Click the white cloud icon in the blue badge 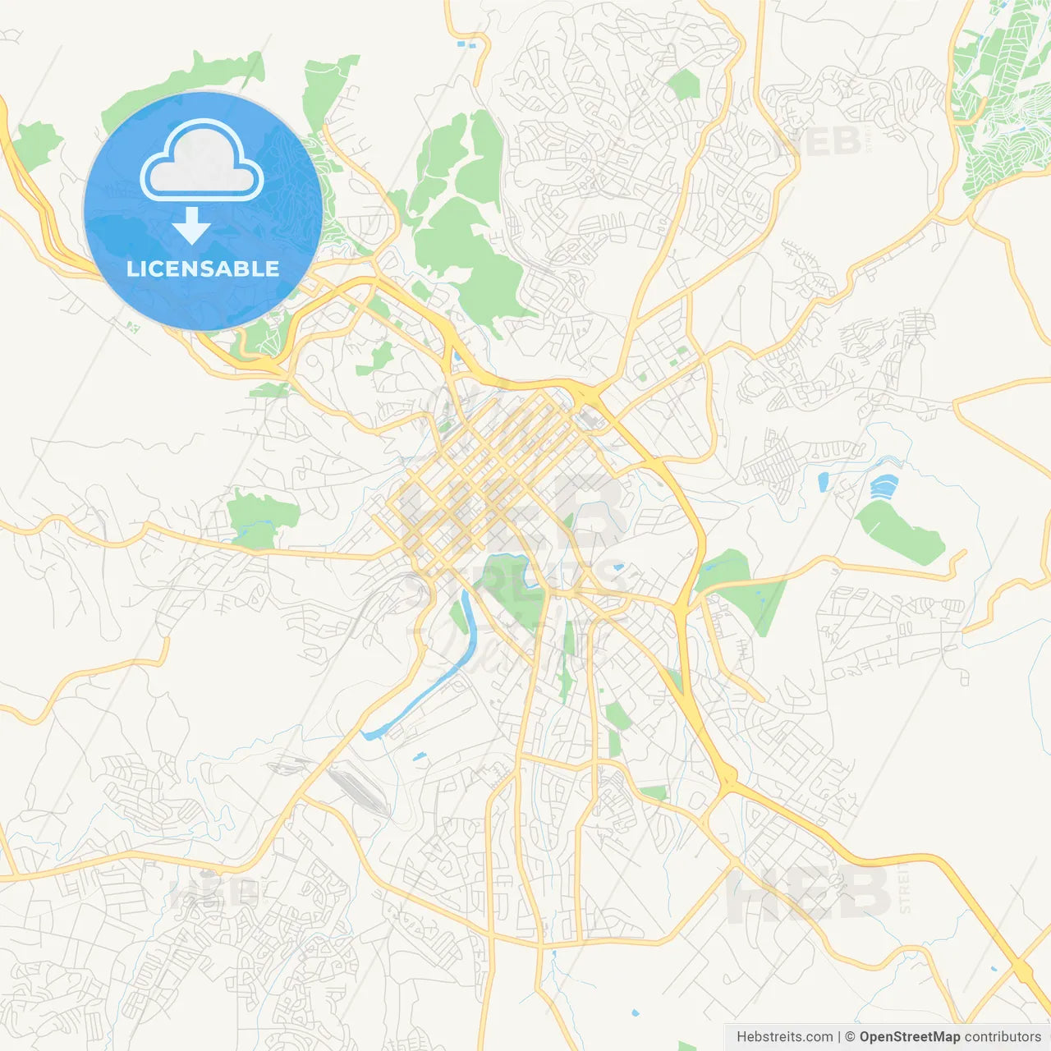pos(202,161)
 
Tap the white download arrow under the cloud pos(191,225)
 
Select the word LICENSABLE pos(203,268)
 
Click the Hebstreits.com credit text pos(784,1037)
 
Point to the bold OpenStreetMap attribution pos(910,1037)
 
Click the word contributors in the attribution pos(1003,1037)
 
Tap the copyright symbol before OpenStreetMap pos(850,1037)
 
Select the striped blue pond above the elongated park pos(883,487)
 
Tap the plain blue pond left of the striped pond pos(824,482)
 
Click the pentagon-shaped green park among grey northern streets pos(683,85)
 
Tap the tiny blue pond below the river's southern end pos(420,756)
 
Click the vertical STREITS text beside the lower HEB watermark pos(905,888)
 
